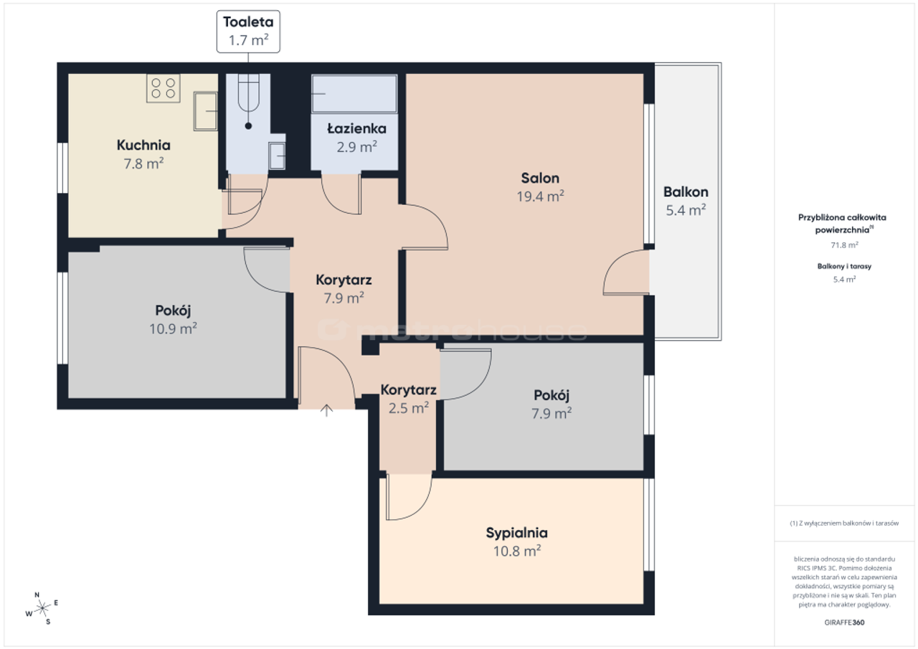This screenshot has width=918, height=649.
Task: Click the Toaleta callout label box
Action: click(x=248, y=32)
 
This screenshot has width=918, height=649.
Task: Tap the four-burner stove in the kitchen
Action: click(x=163, y=88)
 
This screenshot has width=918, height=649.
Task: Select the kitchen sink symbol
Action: click(x=205, y=111)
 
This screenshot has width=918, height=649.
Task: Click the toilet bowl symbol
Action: click(x=248, y=93)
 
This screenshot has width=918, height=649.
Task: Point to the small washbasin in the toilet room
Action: click(x=277, y=156)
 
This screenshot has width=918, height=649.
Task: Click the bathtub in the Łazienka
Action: click(x=354, y=93)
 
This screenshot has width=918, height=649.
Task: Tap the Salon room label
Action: click(x=540, y=179)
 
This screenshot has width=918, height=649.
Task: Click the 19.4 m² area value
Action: click(x=540, y=196)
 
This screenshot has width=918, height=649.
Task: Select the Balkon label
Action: click(x=686, y=191)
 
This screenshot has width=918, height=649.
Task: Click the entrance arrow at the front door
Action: click(x=326, y=410)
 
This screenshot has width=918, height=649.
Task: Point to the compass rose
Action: click(x=42, y=608)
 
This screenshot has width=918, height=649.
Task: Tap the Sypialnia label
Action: click(x=517, y=533)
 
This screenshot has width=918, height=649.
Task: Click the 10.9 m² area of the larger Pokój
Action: click(x=173, y=328)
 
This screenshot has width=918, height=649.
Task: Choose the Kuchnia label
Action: click(x=143, y=145)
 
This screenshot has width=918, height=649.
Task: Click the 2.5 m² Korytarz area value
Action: click(x=409, y=408)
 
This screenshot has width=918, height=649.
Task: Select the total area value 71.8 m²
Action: click(x=844, y=245)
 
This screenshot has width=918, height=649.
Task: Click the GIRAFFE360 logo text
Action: click(x=844, y=622)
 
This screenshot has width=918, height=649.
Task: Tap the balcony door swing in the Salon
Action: click(x=626, y=272)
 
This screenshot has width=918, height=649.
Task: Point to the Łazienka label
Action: click(x=356, y=128)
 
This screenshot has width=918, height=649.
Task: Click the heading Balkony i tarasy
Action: click(x=844, y=266)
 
